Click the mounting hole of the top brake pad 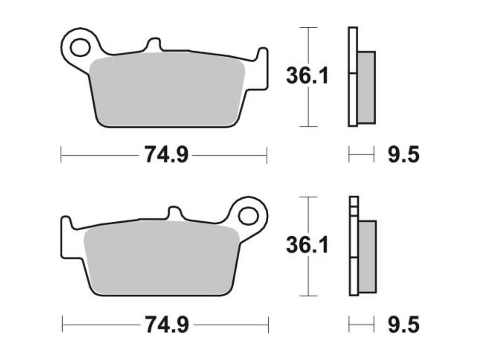click(80, 47)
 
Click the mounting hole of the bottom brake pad click(248, 216)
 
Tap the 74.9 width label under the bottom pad click(167, 325)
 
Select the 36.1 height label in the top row click(307, 76)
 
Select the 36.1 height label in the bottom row click(307, 245)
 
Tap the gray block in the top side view click(366, 87)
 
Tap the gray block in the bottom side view click(367, 257)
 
